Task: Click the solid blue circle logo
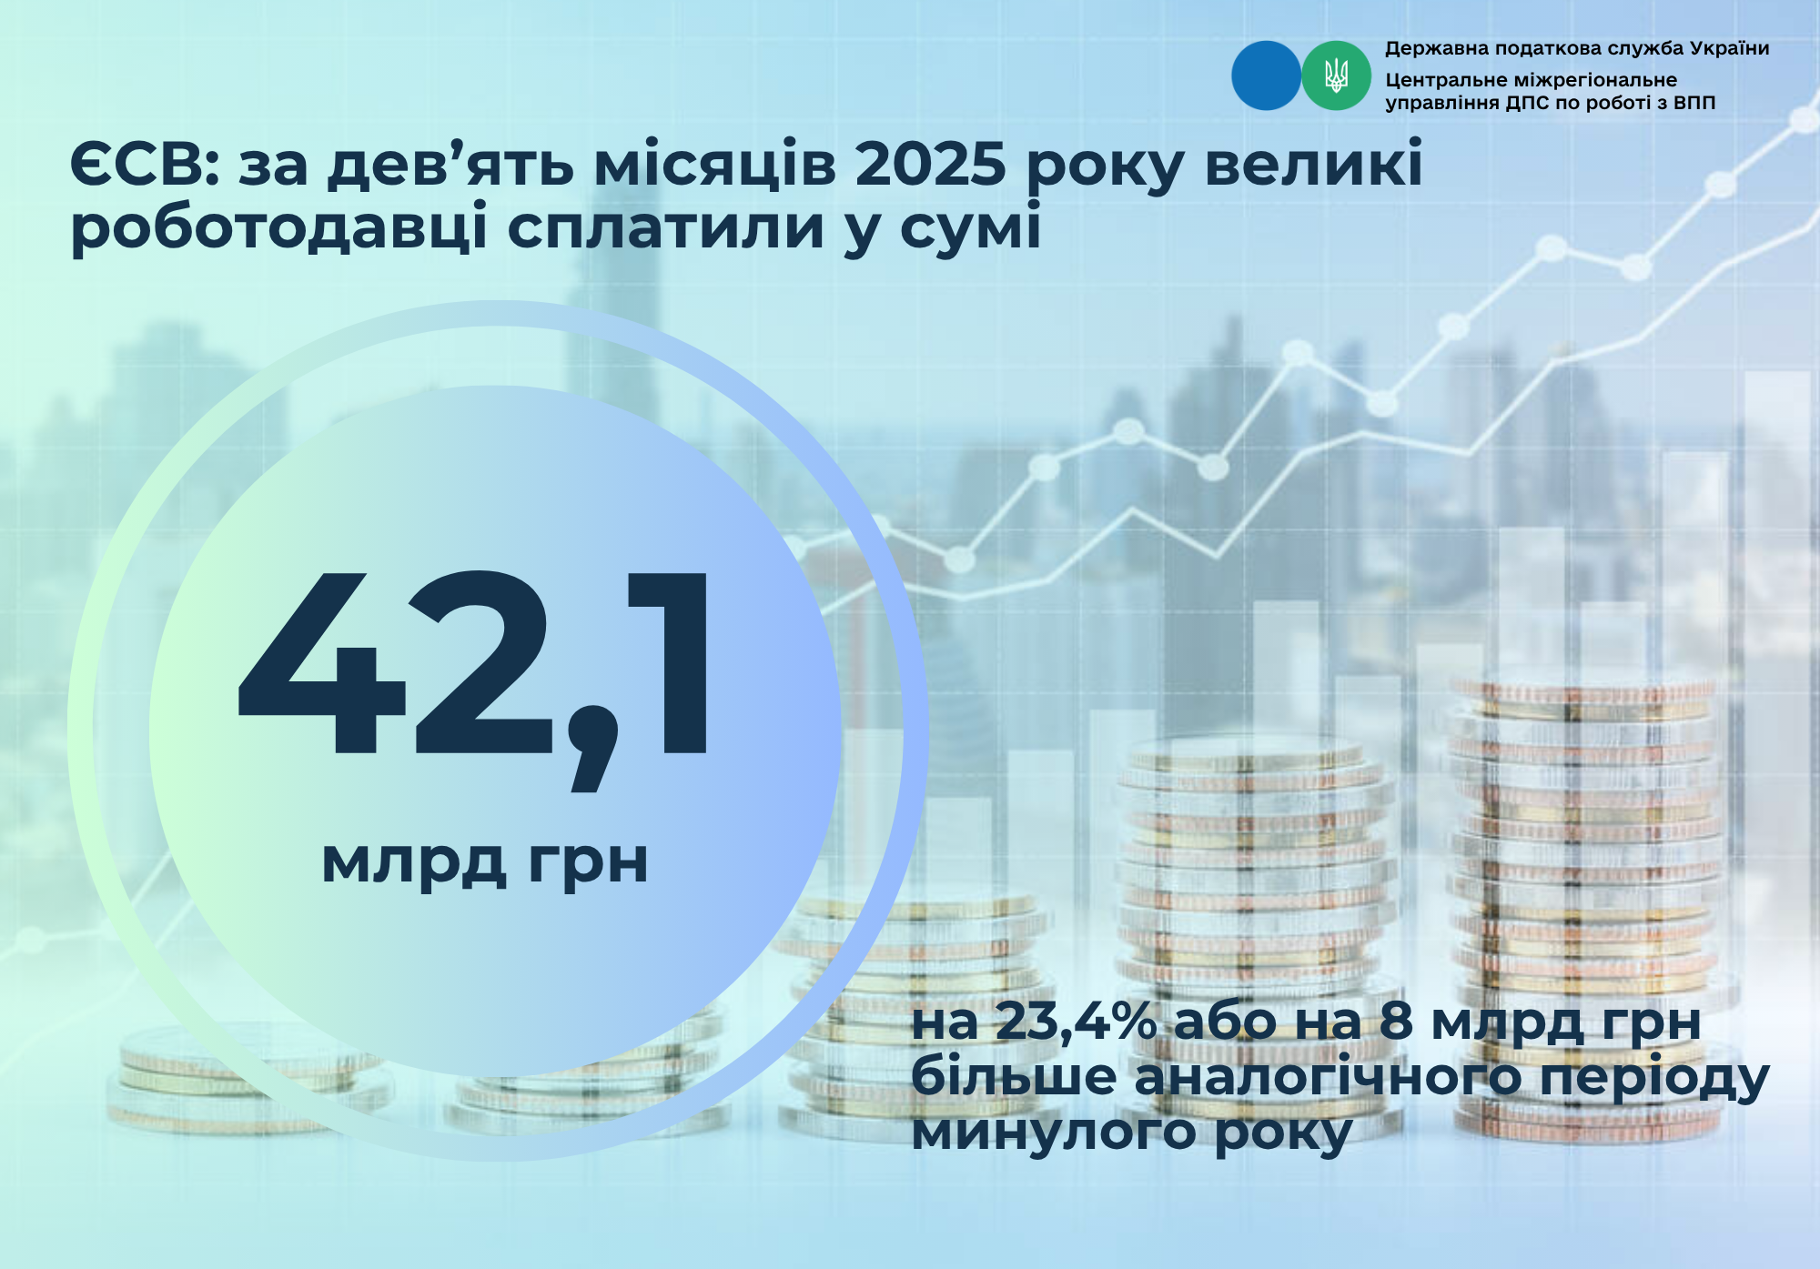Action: click(x=1266, y=76)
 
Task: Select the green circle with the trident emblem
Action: click(x=1336, y=76)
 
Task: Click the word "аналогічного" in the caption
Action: click(x=1328, y=1077)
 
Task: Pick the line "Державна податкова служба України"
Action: click(x=1577, y=48)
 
